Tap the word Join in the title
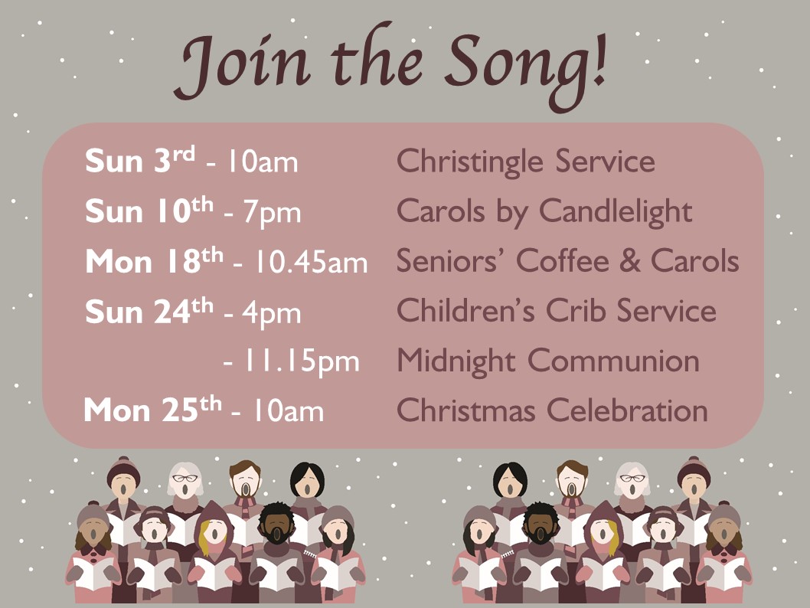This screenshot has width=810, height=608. pyautogui.click(x=242, y=64)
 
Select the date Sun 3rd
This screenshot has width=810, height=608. pyautogui.click(x=140, y=159)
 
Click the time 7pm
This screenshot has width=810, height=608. pyautogui.click(x=272, y=212)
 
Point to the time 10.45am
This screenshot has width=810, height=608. pyautogui.click(x=311, y=262)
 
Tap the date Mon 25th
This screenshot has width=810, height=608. pyautogui.click(x=153, y=410)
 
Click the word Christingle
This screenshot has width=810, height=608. pyautogui.click(x=469, y=162)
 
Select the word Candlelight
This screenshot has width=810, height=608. pyautogui.click(x=616, y=212)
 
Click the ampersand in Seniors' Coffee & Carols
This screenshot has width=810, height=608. pyautogui.click(x=630, y=260)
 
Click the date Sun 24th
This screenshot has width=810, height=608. pyautogui.click(x=149, y=311)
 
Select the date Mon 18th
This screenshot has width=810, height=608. pyautogui.click(x=154, y=261)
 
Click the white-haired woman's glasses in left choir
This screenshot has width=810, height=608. pyautogui.click(x=185, y=478)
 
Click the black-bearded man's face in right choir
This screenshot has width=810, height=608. pyautogui.click(x=541, y=526)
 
